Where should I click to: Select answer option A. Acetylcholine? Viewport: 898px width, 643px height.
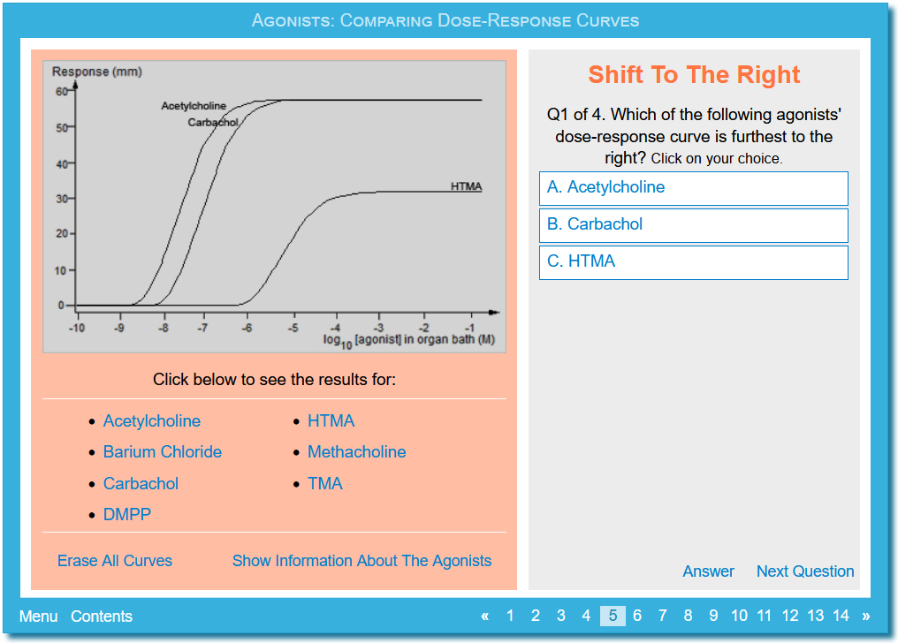(x=693, y=188)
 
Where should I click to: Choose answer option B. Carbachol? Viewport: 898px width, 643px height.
(x=693, y=225)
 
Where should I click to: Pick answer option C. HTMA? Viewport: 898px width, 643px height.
(x=693, y=262)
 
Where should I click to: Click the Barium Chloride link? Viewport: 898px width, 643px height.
(x=162, y=452)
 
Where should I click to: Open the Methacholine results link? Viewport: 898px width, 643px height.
(x=357, y=452)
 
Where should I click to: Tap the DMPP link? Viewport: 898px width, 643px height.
(x=127, y=514)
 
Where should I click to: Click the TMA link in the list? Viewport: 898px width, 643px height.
(x=325, y=483)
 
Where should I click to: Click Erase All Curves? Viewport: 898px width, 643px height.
(x=115, y=561)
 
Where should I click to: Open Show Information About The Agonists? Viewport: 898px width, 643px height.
(x=362, y=561)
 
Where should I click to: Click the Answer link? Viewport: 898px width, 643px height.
(x=709, y=571)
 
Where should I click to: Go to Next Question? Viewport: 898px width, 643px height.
(x=805, y=571)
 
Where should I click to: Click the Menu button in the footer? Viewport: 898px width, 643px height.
(x=38, y=617)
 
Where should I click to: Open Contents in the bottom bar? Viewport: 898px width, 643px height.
(x=102, y=617)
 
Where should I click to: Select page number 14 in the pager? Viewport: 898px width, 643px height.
(x=841, y=616)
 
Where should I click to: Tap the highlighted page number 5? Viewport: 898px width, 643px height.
(x=613, y=616)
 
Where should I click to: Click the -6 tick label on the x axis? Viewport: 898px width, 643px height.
(x=247, y=329)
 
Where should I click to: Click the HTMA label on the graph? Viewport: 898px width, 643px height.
(x=466, y=186)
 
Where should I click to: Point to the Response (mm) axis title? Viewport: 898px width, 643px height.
(x=97, y=72)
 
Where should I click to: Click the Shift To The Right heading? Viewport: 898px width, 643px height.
(x=694, y=75)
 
